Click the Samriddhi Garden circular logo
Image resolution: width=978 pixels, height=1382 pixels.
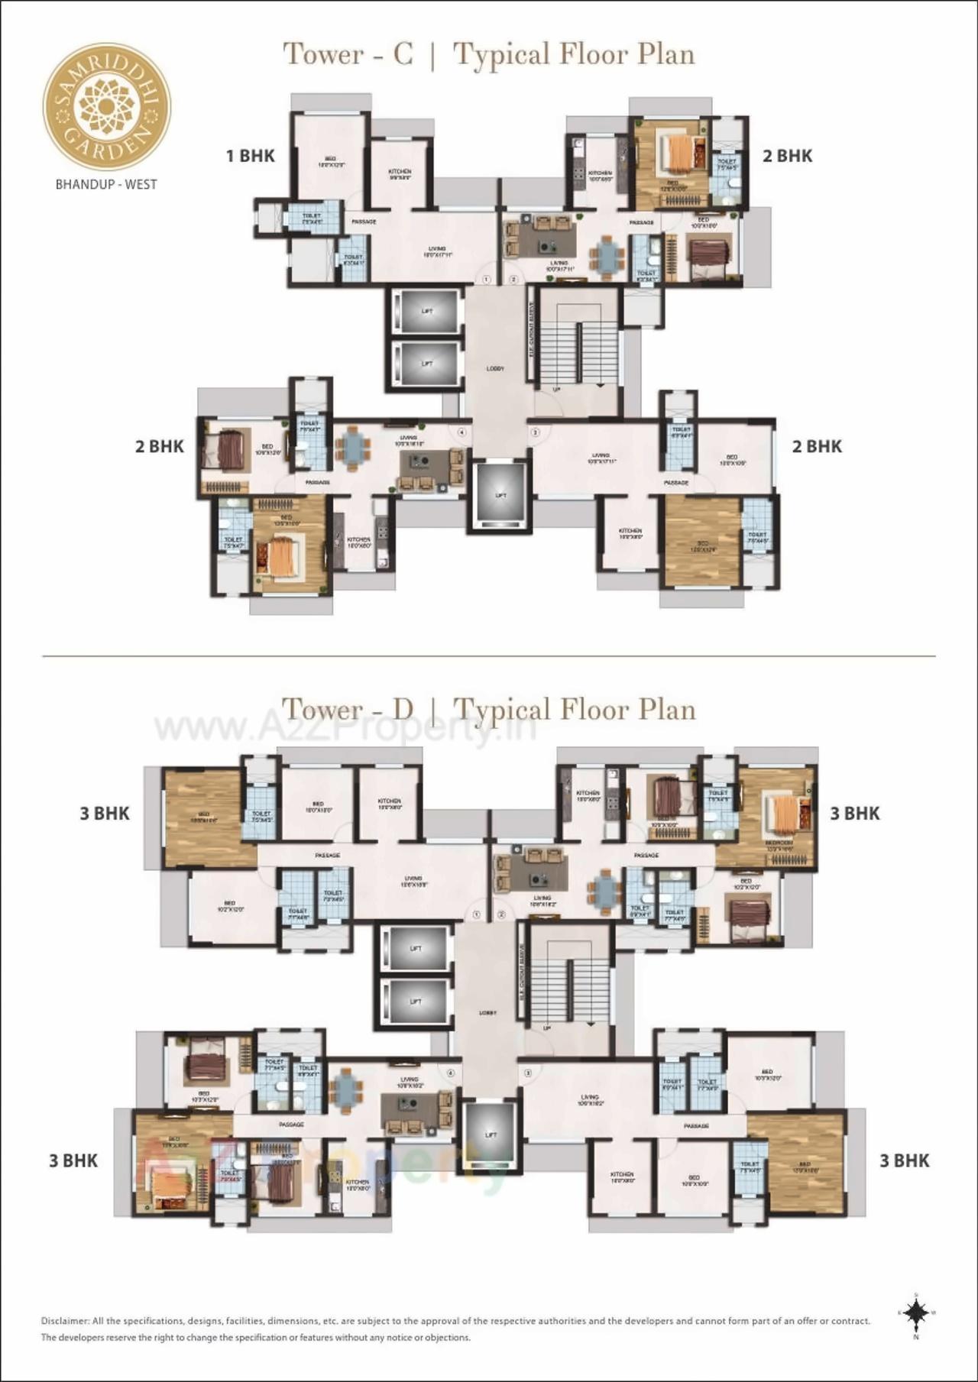point(106,105)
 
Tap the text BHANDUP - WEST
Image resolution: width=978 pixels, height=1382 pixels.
point(106,184)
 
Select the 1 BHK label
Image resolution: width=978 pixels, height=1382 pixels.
point(250,156)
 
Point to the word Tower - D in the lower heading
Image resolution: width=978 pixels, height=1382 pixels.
point(348,709)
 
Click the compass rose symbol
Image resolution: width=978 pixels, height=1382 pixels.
point(915,1313)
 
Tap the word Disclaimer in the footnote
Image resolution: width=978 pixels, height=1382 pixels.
point(65,1321)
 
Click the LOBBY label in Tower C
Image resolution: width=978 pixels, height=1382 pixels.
point(495,369)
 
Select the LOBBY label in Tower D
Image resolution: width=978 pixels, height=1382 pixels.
point(487,1013)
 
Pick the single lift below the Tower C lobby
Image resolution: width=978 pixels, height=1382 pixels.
point(500,495)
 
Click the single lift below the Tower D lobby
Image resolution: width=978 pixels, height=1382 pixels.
point(491,1135)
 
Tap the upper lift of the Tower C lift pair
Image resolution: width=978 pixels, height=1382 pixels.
point(426,311)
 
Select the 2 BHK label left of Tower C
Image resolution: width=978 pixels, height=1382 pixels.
point(159,447)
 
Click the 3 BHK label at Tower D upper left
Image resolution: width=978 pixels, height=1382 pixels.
point(105,814)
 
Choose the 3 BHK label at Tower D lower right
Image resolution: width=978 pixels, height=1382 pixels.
point(904,1161)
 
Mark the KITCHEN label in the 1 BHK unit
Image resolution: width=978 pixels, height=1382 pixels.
point(400,173)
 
